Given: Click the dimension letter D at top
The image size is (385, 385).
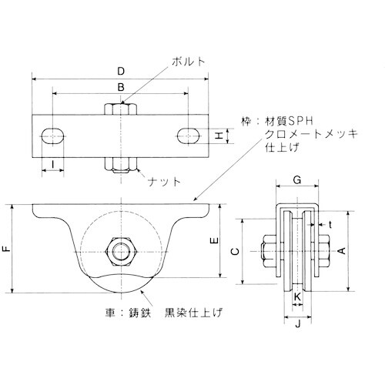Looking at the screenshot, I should pos(122,72).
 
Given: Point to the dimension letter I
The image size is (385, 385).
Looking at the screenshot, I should pos(52,162).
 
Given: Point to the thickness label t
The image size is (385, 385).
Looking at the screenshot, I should pos(330,223).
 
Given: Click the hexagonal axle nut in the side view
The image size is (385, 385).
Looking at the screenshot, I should pos(120,250).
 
